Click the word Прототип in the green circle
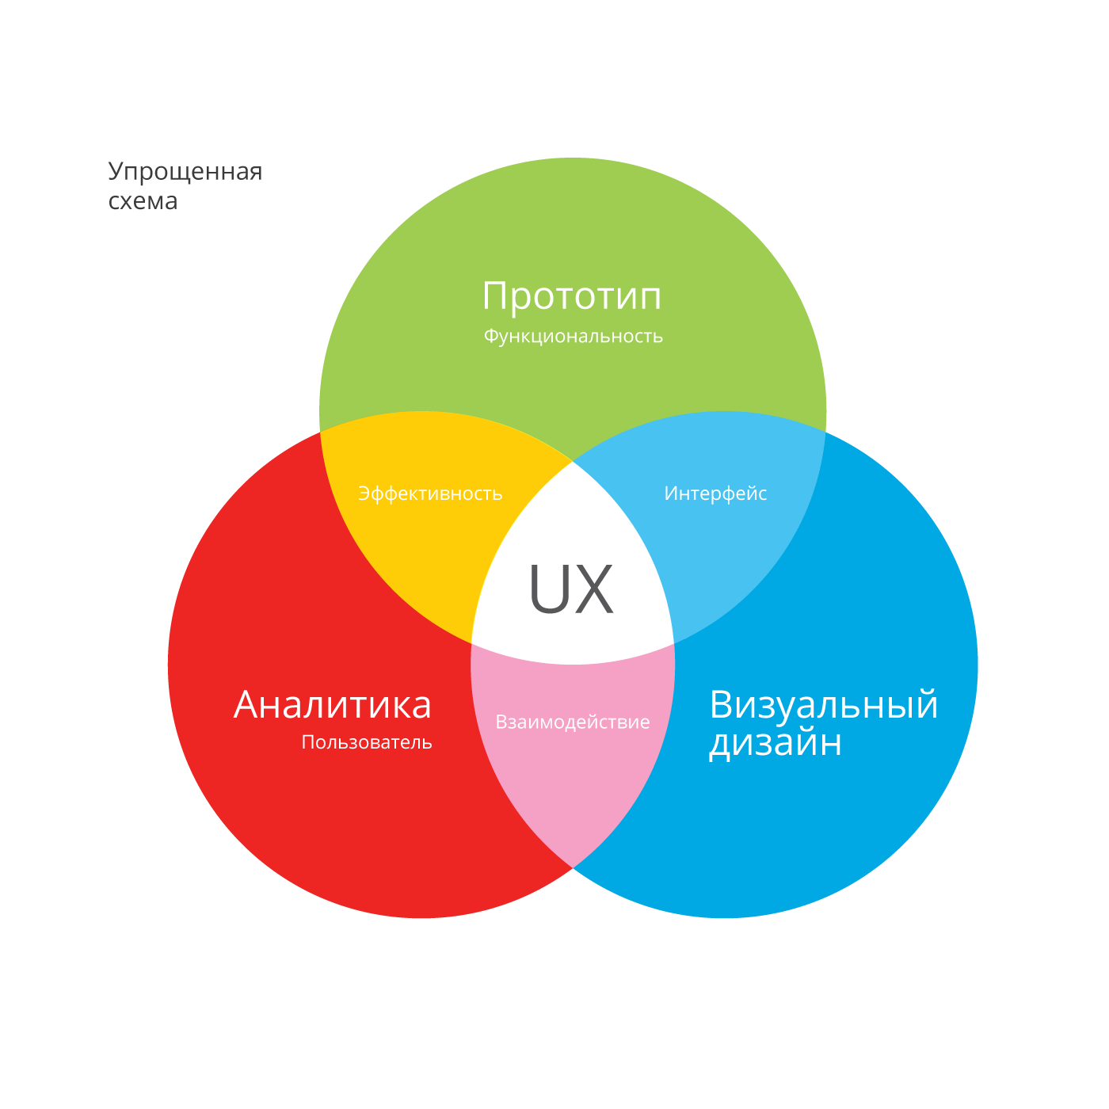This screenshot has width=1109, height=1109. tap(571, 297)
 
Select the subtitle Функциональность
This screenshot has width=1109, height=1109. tap(573, 337)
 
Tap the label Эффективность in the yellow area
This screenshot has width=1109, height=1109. tap(430, 494)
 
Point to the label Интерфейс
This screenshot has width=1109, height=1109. tap(715, 494)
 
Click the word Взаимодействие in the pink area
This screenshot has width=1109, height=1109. tap(573, 722)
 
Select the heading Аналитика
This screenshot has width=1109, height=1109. tap(333, 705)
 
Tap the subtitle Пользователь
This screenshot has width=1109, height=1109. tap(367, 743)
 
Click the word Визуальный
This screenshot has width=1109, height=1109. tap(824, 705)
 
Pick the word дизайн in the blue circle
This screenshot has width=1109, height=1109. tap(775, 743)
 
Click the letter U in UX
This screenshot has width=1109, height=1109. tap(547, 589)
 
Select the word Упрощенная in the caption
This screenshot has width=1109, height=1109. tap(185, 172)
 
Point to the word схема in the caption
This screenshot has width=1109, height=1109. tap(143, 201)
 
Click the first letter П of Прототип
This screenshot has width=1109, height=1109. tap(495, 297)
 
